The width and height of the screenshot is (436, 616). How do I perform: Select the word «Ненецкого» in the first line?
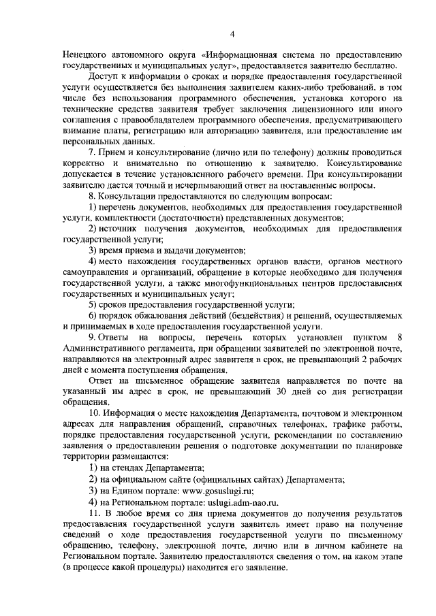[87, 55]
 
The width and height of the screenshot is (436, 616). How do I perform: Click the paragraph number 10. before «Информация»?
[95, 415]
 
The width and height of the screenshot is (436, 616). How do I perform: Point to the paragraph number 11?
[95, 513]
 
